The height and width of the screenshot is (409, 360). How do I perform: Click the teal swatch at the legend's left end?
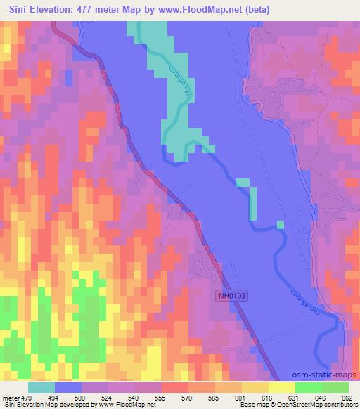(41, 387)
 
